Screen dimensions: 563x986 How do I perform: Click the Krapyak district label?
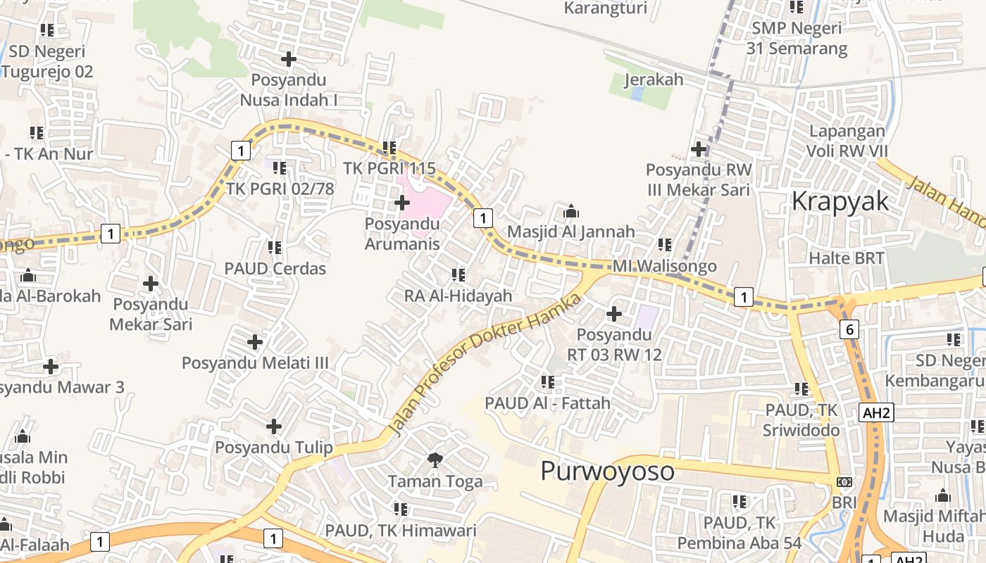[840, 201]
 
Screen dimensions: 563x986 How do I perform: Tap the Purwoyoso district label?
[607, 470]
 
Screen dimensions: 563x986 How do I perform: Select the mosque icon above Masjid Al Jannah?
[571, 211]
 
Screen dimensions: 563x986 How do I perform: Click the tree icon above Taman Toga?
[435, 460]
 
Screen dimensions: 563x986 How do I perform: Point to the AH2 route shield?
[876, 412]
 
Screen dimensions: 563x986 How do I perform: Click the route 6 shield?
[849, 329]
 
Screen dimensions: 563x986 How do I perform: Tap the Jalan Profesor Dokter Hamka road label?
[486, 364]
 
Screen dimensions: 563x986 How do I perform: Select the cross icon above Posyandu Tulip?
[274, 426]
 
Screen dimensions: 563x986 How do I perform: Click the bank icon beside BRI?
[844, 482]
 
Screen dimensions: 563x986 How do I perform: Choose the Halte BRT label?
[846, 258]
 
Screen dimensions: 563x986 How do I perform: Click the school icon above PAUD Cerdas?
[275, 248]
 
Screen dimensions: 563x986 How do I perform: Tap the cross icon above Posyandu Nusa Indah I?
[289, 59]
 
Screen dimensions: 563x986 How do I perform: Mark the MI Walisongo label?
[664, 266]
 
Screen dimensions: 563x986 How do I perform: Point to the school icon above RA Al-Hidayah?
[458, 275]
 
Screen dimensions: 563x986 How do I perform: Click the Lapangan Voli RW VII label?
[847, 141]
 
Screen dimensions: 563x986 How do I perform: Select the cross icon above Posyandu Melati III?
[255, 343]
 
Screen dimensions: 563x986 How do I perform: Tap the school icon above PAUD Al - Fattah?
[548, 383]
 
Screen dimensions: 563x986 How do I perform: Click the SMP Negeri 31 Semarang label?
[797, 39]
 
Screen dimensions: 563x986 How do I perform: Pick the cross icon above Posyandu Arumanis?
[401, 203]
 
